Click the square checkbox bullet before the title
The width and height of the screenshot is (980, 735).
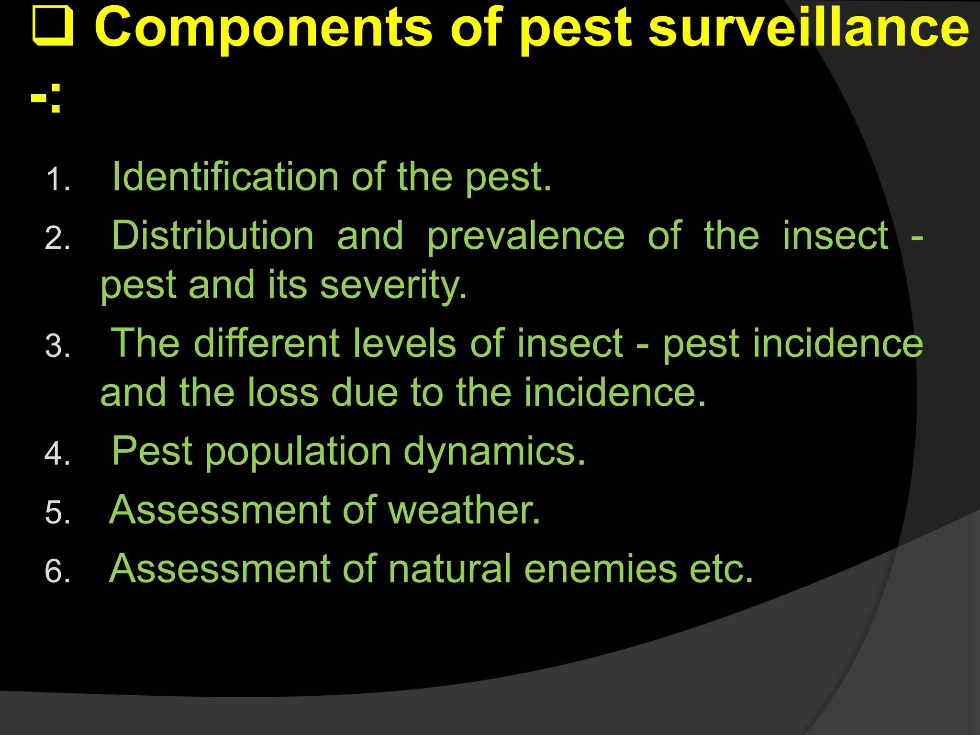[53, 28]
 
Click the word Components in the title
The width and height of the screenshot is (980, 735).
[263, 28]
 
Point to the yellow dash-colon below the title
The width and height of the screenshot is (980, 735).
[46, 98]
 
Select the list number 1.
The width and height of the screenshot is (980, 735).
[57, 180]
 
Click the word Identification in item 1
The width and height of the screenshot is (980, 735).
[225, 177]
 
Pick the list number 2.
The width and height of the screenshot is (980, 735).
[57, 238]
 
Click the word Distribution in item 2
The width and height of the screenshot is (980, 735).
[213, 235]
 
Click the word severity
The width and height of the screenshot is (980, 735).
[393, 286]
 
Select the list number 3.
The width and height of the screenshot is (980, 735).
[57, 346]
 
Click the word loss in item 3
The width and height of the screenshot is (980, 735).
[283, 392]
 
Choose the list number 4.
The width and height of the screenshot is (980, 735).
[57, 454]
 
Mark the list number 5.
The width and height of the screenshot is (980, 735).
[57, 512]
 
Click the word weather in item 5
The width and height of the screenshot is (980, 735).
[464, 510]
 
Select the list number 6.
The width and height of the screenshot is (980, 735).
[57, 571]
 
